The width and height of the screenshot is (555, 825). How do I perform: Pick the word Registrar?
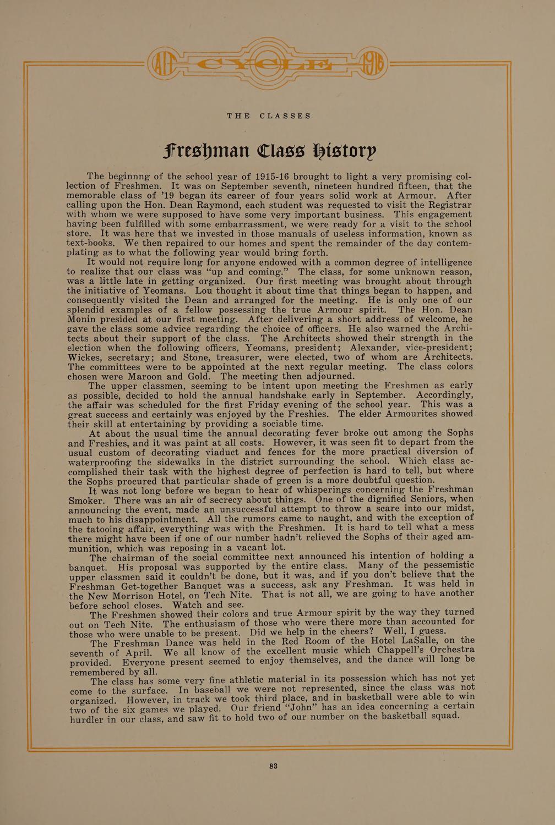tap(446, 205)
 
